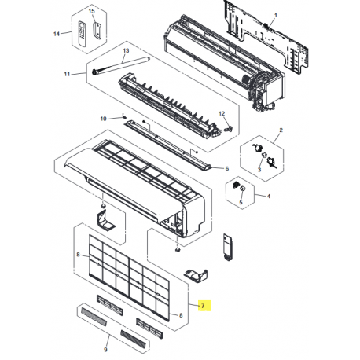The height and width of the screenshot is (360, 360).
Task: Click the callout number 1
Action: point(275,16)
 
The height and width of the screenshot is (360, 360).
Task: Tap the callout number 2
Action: point(281,130)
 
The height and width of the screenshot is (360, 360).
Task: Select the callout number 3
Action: point(259,170)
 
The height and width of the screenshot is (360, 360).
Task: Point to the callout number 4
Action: point(268,196)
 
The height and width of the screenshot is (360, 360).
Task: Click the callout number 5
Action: point(241,203)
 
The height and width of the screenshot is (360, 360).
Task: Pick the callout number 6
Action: point(227,168)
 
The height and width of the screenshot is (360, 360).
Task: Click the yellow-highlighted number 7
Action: point(203,306)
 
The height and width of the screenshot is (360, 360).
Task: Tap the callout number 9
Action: point(105,350)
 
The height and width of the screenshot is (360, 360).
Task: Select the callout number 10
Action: point(103,119)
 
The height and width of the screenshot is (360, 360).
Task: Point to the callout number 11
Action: point(67,74)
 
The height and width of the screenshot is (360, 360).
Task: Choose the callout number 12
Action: point(222,113)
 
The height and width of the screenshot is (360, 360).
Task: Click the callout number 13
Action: point(126,50)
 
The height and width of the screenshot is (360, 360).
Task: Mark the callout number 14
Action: point(57,34)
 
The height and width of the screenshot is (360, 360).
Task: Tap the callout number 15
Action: point(91,11)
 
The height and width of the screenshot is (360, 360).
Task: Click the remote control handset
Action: point(83,34)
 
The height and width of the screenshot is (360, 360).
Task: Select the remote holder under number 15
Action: point(97,31)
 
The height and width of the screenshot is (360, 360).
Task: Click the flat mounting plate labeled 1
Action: point(265,37)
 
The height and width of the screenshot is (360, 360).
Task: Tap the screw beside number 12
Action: point(228,128)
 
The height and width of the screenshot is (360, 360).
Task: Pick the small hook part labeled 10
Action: point(124,116)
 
